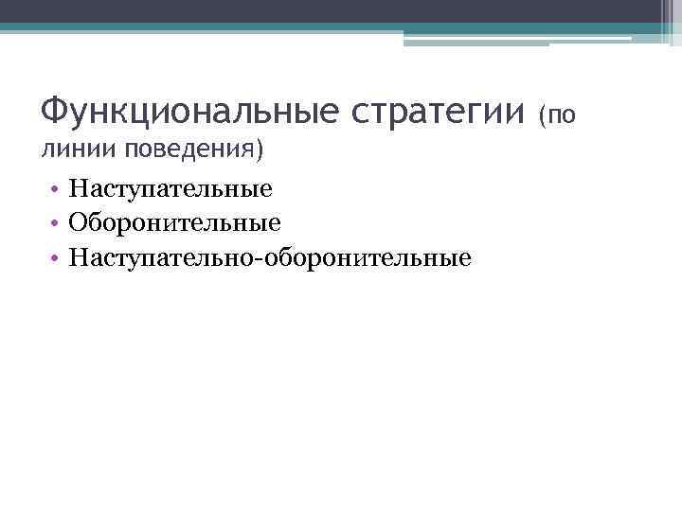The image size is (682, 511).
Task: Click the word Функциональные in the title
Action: tap(186, 114)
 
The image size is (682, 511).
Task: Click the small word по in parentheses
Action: tap(561, 116)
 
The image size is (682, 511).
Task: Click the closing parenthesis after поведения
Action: tap(260, 150)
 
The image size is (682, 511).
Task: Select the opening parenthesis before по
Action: tap(543, 116)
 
